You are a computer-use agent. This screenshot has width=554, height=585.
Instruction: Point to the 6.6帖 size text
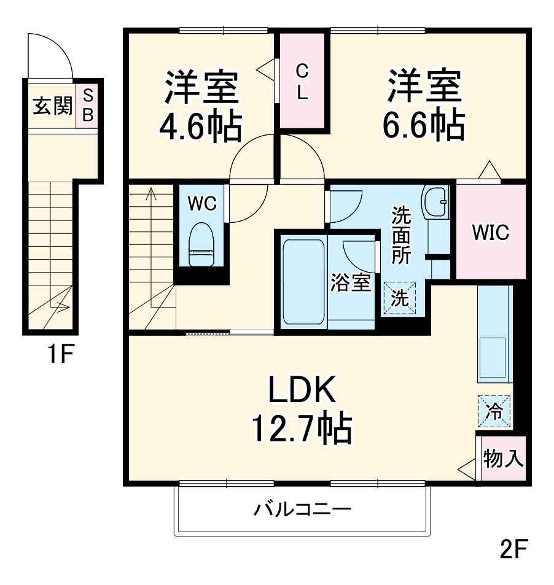coord(423,125)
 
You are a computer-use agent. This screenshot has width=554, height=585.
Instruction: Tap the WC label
coord(201,203)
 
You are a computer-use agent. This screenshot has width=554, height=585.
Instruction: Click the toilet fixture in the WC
coord(201,245)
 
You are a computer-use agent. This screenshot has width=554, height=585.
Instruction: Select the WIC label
coord(491,232)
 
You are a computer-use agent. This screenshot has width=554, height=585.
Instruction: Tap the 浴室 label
coord(351,284)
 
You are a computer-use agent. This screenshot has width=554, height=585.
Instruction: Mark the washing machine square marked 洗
coord(400,298)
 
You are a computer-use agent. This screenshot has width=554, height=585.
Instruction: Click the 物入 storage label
coord(503,459)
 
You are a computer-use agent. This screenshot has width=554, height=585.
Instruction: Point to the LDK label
coord(301,392)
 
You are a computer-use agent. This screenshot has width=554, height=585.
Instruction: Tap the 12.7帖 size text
coord(301,429)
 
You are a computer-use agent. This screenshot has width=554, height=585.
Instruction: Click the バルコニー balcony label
coord(302,509)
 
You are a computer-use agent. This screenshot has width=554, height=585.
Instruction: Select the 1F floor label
coord(60,354)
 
